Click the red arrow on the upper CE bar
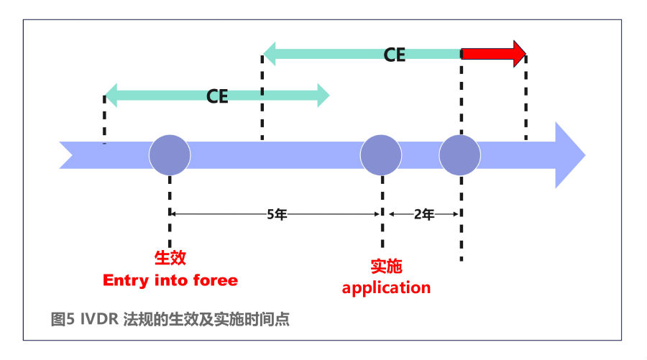(x=493, y=54)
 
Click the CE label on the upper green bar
(x=395, y=55)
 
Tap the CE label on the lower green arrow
(x=217, y=96)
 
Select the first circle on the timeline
(x=170, y=155)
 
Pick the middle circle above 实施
(x=381, y=155)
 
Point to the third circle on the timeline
(x=459, y=155)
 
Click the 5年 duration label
(x=277, y=214)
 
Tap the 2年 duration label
(x=424, y=214)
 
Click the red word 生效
(x=170, y=258)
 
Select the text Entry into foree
(x=170, y=280)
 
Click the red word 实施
(x=386, y=266)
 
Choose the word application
(x=386, y=288)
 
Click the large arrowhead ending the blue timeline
(x=570, y=155)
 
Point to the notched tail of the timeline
(x=67, y=155)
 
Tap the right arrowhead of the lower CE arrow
(x=323, y=96)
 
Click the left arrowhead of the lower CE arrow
(x=111, y=96)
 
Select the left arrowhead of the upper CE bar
(x=269, y=54)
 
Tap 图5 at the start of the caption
(x=63, y=319)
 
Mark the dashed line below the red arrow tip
(x=526, y=97)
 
